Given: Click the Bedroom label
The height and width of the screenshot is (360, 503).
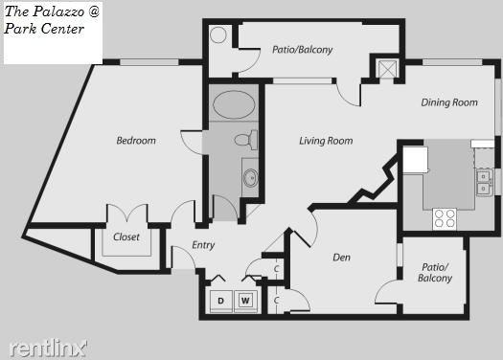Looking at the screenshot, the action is [136, 141].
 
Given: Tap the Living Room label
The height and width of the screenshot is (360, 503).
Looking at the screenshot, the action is [326, 141].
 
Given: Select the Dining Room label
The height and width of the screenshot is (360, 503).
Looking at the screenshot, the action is [449, 102].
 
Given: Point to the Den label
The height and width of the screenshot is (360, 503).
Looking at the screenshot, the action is [341, 258].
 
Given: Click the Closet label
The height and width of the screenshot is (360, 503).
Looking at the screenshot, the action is [126, 236].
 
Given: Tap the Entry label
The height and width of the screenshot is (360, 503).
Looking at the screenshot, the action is [203, 245].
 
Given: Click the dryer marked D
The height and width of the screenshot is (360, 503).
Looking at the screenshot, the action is [220, 301].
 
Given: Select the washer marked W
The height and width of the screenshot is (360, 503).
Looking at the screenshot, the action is [245, 301].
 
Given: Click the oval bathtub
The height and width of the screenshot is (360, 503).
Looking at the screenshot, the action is [234, 104].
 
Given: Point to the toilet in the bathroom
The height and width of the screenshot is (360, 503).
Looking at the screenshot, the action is [246, 140].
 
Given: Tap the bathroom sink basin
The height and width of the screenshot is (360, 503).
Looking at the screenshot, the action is [250, 177].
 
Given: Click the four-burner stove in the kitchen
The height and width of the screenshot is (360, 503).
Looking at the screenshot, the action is [445, 219].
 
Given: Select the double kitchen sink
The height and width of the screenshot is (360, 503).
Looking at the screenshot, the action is [484, 183].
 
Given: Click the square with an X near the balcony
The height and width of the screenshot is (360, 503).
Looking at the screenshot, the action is [387, 69].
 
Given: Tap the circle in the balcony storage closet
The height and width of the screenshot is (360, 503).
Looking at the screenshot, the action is [218, 34].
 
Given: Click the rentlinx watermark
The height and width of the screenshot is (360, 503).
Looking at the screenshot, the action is [48, 349].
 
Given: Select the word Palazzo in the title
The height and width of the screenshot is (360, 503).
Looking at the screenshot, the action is [59, 11].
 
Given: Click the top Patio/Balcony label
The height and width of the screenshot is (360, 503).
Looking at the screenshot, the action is [302, 50].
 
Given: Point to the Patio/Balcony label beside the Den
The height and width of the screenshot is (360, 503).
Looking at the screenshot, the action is [435, 273].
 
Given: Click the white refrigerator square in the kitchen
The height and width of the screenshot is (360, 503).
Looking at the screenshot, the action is [415, 160].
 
